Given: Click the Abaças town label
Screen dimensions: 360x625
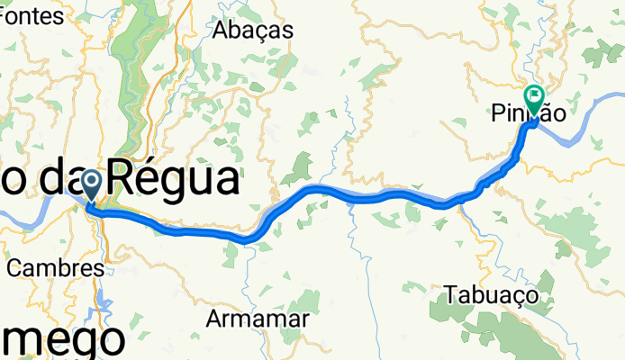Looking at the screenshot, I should pyautogui.click(x=253, y=30).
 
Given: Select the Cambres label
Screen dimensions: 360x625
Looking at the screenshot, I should pyautogui.click(x=55, y=267).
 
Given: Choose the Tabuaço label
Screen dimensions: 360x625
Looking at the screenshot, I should pyautogui.click(x=491, y=294).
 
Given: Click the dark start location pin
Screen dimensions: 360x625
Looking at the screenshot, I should pyautogui.click(x=92, y=185).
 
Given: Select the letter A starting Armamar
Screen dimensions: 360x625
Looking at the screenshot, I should pyautogui.click(x=214, y=318).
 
